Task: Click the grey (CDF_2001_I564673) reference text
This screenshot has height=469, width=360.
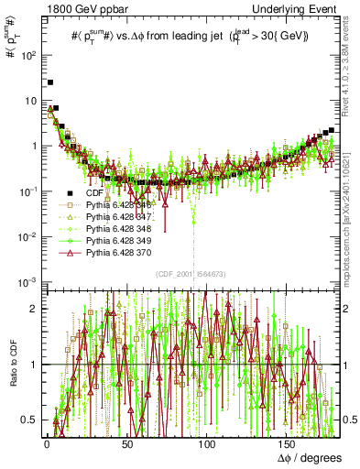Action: (193, 274)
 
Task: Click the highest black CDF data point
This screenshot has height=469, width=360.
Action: (50, 82)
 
